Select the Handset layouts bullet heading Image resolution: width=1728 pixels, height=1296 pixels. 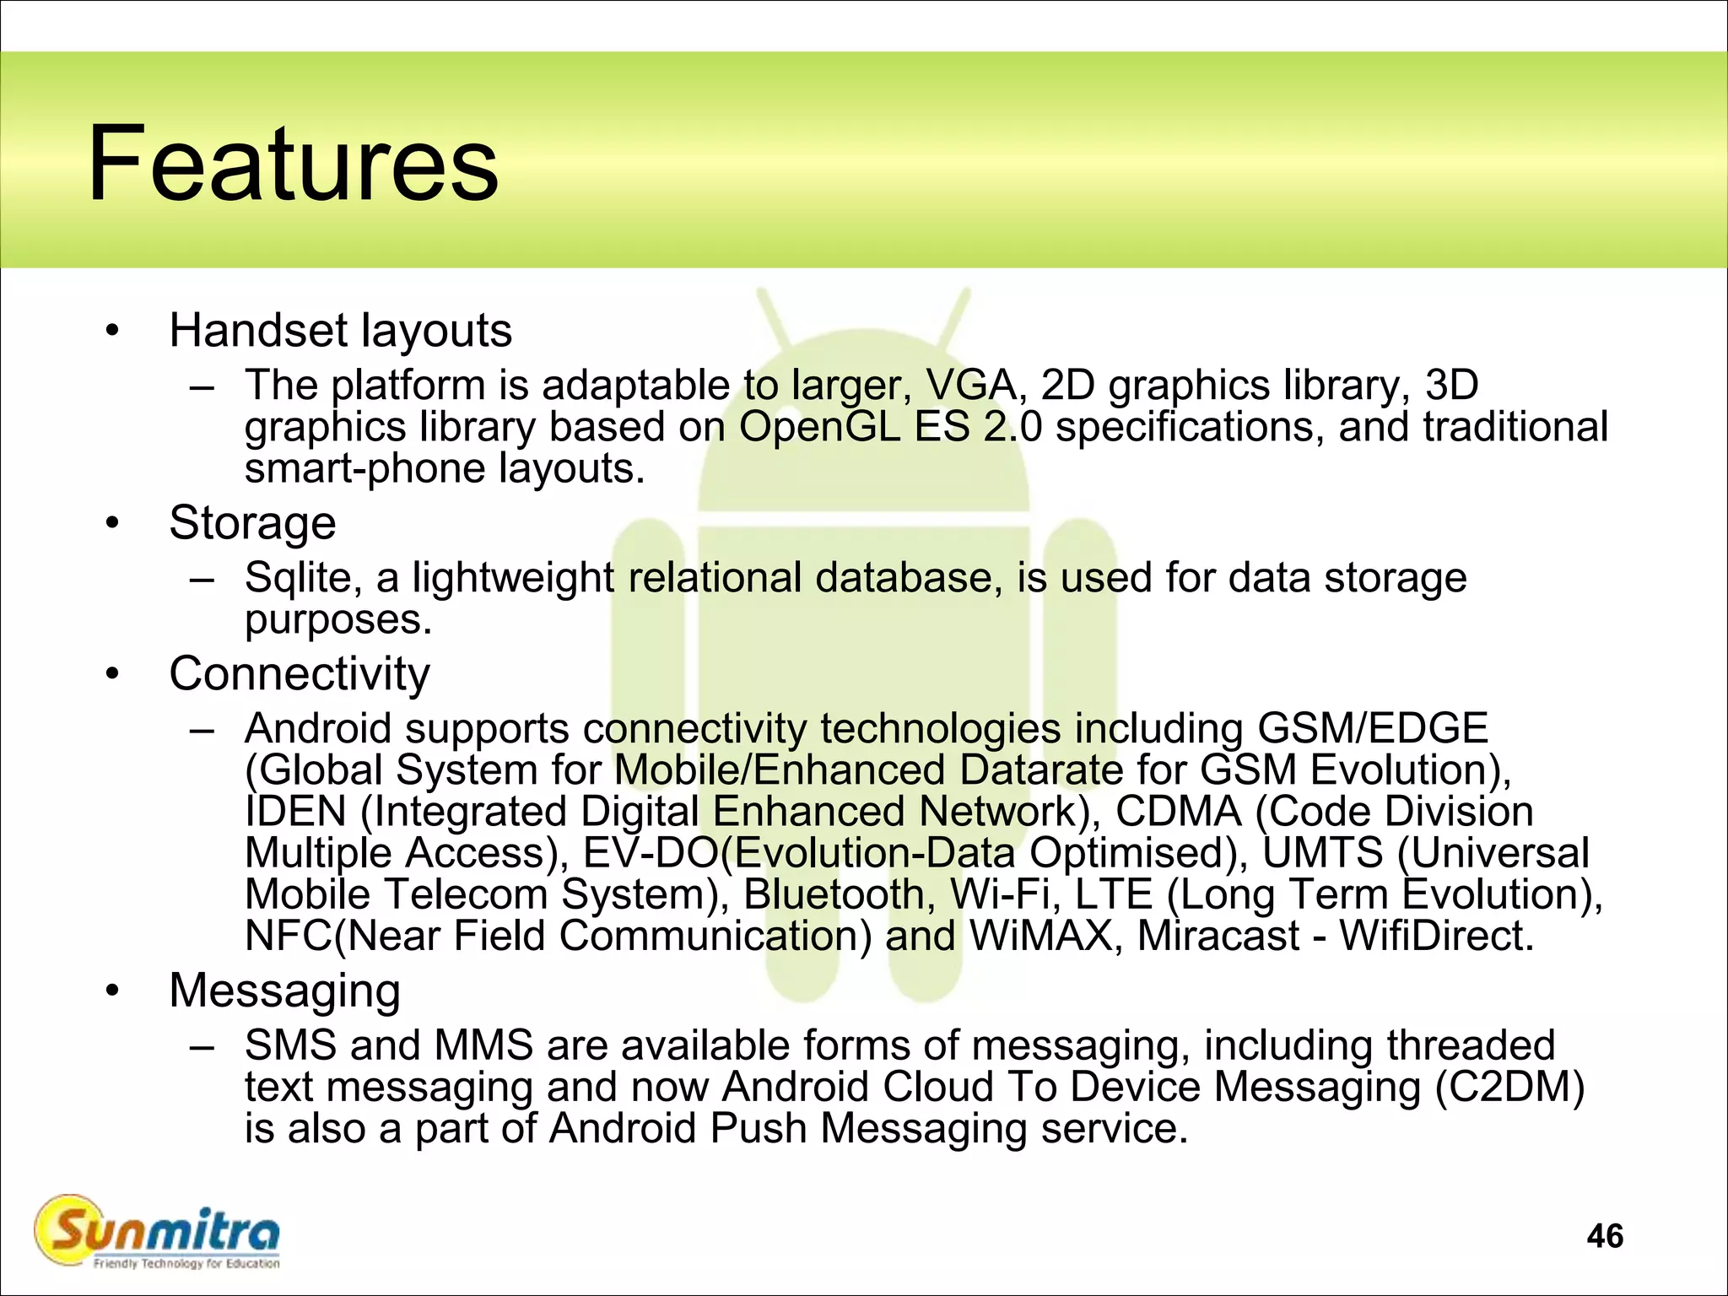click(340, 330)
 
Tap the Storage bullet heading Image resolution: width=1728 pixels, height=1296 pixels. click(252, 522)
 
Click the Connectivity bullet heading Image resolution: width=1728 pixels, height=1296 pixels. click(300, 673)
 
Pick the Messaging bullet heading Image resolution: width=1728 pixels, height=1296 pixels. click(284, 990)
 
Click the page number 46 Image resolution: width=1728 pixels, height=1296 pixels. click(1604, 1236)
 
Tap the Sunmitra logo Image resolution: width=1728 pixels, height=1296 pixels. click(157, 1233)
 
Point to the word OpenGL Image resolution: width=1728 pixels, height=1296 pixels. click(819, 427)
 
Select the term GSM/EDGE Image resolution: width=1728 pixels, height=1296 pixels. click(1373, 728)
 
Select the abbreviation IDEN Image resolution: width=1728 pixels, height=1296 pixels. click(295, 812)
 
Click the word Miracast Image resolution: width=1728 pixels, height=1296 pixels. click(1218, 936)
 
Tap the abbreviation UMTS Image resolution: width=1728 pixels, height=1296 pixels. click(1323, 853)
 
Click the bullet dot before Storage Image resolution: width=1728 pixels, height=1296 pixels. click(113, 524)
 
